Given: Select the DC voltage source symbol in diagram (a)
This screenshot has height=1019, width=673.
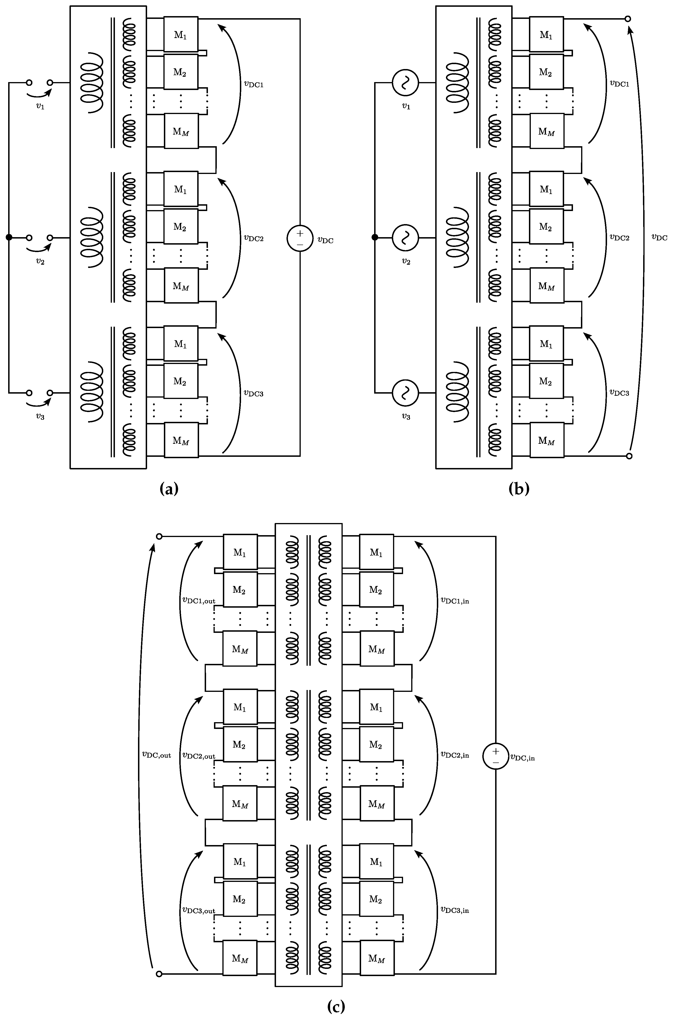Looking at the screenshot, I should (x=300, y=238).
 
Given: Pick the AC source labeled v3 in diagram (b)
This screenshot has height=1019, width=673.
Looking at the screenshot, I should (x=405, y=392).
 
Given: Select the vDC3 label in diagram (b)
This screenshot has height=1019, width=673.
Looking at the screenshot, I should (x=619, y=392).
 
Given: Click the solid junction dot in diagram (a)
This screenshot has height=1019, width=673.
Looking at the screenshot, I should (x=9, y=237).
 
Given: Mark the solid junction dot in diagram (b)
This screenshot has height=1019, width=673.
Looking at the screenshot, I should (x=375, y=237).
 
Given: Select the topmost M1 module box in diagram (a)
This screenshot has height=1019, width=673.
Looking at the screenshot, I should (x=181, y=34).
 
